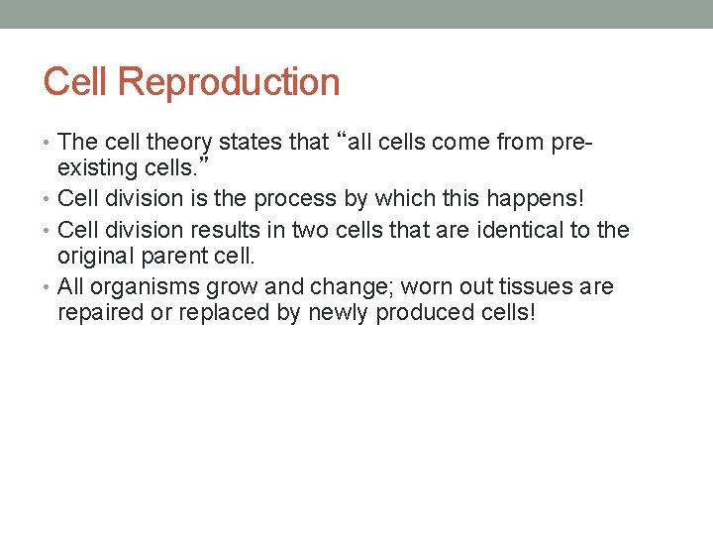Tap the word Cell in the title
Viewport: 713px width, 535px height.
coord(78,81)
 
